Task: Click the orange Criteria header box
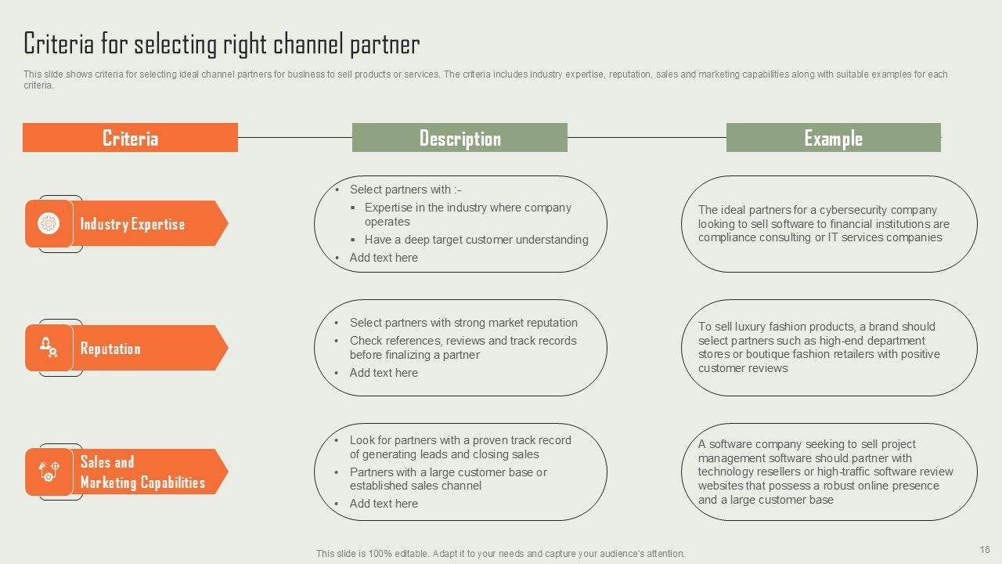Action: pos(130,138)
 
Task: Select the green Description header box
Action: pos(460,138)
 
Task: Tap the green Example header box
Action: pos(833,138)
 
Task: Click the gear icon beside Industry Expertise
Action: pos(49,224)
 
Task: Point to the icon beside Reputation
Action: pos(49,347)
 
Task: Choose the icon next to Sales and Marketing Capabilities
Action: pos(49,472)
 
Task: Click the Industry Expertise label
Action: pos(132,224)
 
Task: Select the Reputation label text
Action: pos(110,349)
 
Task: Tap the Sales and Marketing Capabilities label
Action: pos(142,472)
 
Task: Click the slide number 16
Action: pos(985,550)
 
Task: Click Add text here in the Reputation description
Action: pos(384,373)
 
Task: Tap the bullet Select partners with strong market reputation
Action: pos(463,323)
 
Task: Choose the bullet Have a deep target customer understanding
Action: pos(476,240)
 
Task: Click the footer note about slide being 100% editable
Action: pos(500,553)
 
